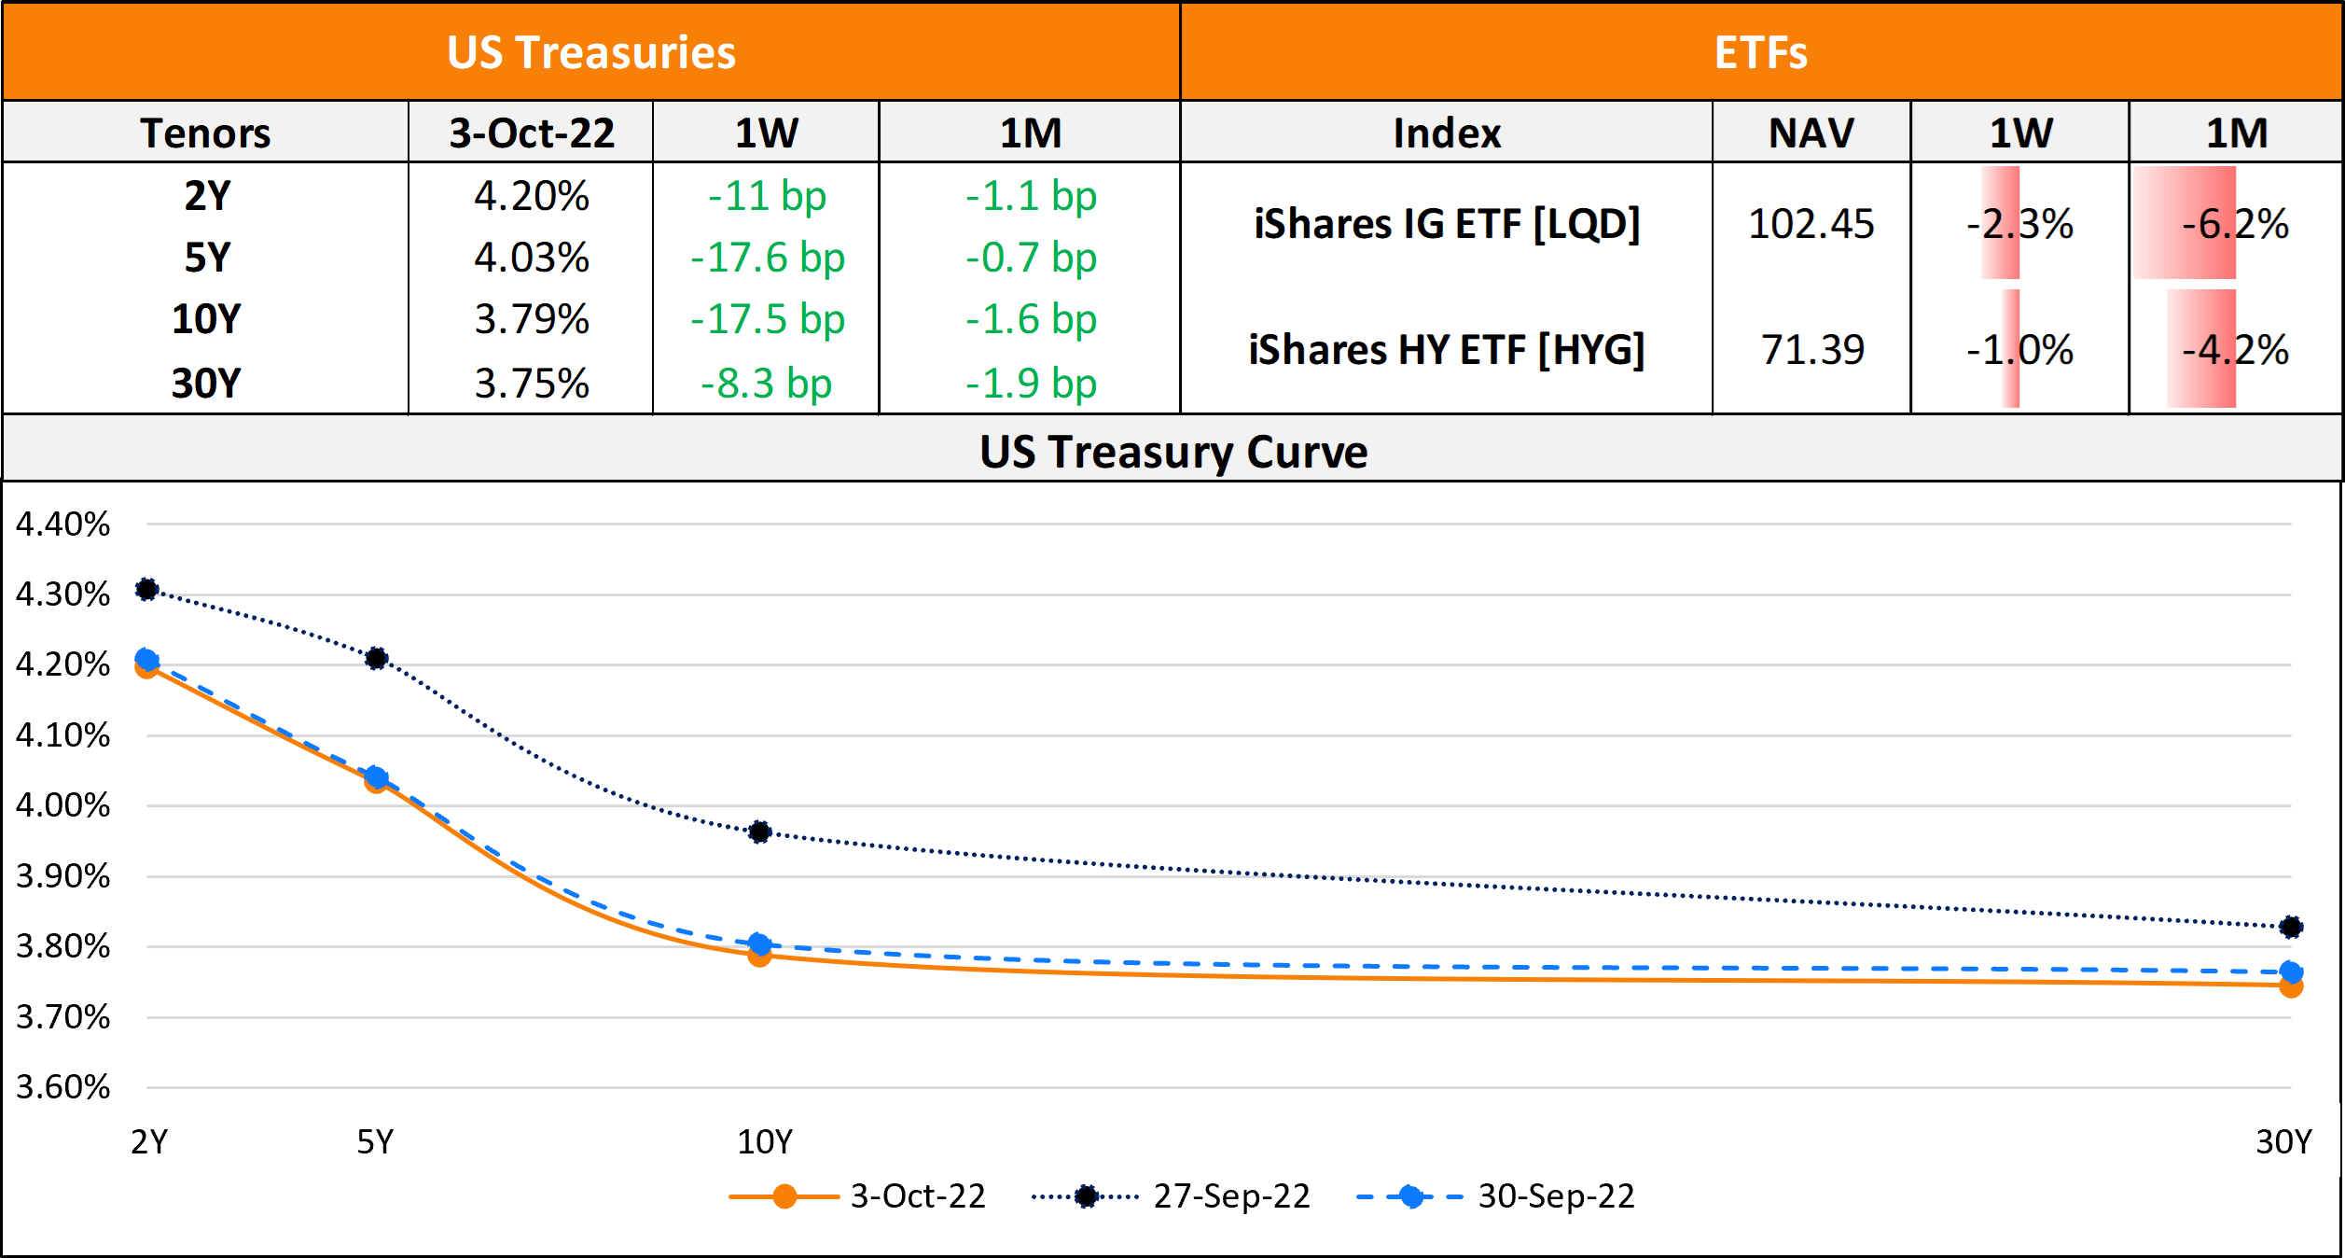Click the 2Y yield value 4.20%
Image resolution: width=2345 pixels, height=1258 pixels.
(532, 197)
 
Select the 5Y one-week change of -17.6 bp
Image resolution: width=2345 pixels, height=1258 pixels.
(767, 259)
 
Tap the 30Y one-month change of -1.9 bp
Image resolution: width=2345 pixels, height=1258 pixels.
(1031, 384)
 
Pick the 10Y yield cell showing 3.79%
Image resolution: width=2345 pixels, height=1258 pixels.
(532, 320)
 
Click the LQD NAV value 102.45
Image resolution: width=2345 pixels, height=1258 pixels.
(1811, 225)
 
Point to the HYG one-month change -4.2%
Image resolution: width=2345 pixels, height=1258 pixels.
(2235, 351)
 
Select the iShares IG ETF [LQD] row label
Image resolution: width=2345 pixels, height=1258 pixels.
(1447, 225)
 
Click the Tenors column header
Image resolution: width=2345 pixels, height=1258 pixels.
(205, 133)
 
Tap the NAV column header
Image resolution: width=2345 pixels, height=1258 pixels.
(1811, 133)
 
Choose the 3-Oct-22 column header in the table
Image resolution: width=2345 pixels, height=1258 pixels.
(532, 133)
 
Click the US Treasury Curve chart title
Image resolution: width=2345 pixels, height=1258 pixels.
(1172, 453)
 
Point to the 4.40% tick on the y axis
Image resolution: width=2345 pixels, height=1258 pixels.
(62, 524)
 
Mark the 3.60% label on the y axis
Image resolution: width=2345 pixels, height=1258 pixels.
(62, 1087)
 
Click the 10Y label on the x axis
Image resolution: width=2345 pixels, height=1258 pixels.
(765, 1142)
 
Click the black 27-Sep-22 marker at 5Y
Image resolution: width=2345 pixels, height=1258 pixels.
(376, 659)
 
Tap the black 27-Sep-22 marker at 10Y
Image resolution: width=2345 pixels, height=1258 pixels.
(759, 832)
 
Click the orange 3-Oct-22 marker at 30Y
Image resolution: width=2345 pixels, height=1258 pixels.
(2291, 986)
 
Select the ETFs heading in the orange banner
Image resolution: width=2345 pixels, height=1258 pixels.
(1760, 53)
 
